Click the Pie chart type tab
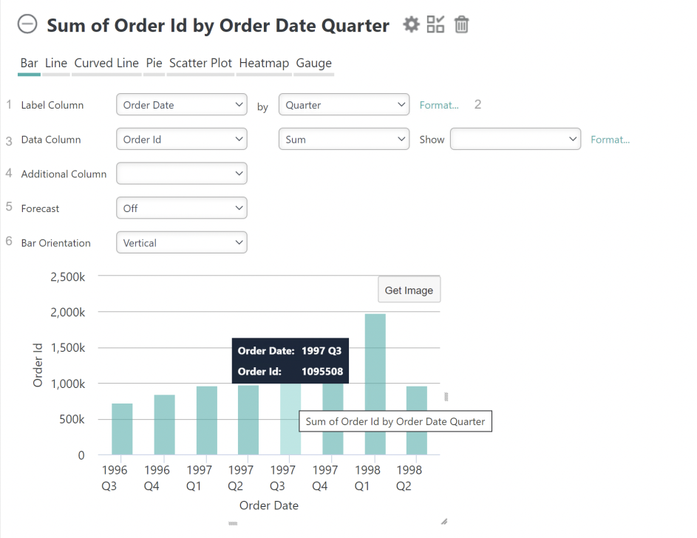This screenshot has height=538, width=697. point(154,63)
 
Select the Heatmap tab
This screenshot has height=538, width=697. point(264,63)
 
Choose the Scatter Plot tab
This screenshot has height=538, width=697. point(200,63)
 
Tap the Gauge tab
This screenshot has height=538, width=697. point(314,63)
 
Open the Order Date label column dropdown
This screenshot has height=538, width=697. point(182,105)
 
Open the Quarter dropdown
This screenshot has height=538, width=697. point(344,105)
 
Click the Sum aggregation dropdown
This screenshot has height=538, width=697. point(344,139)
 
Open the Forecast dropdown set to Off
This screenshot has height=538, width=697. point(182,208)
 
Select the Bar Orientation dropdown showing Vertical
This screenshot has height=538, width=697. point(182,242)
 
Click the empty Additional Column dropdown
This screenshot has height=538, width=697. point(182,173)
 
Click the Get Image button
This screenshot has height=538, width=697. point(409,290)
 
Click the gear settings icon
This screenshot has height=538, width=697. point(411,24)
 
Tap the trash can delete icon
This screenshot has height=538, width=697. point(461,24)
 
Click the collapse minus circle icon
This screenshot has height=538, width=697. point(27,24)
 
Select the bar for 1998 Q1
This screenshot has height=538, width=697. point(375,384)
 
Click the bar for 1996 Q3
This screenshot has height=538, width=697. point(122,429)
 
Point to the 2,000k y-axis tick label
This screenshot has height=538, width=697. point(67,313)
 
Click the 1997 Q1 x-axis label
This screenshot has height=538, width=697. point(199,478)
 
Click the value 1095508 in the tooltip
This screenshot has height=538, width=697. point(322,372)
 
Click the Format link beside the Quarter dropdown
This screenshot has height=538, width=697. point(439,105)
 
